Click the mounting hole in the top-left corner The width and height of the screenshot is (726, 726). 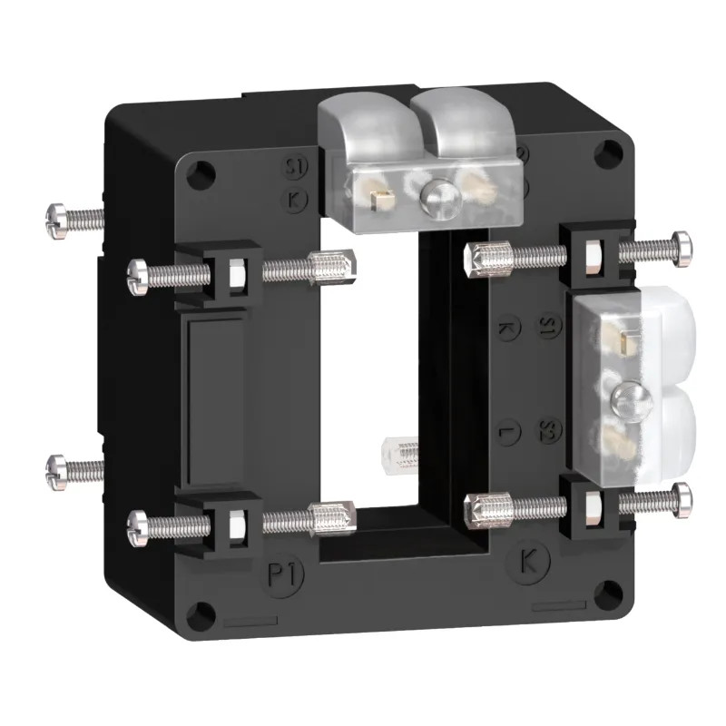(204, 172)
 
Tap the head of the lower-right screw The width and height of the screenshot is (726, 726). (680, 496)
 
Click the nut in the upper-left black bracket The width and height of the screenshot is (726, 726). (233, 270)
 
